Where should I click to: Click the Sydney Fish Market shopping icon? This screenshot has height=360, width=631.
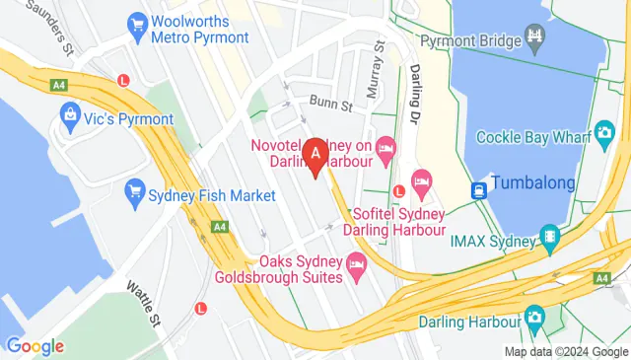[134, 195]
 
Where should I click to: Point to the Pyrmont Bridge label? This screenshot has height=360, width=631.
[468, 41]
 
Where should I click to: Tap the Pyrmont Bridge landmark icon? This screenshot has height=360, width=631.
[535, 41]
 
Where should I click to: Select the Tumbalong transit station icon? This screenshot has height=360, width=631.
[479, 188]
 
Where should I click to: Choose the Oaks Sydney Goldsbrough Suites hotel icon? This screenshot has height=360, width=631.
[357, 263]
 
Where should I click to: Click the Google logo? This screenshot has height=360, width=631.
[35, 346]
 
